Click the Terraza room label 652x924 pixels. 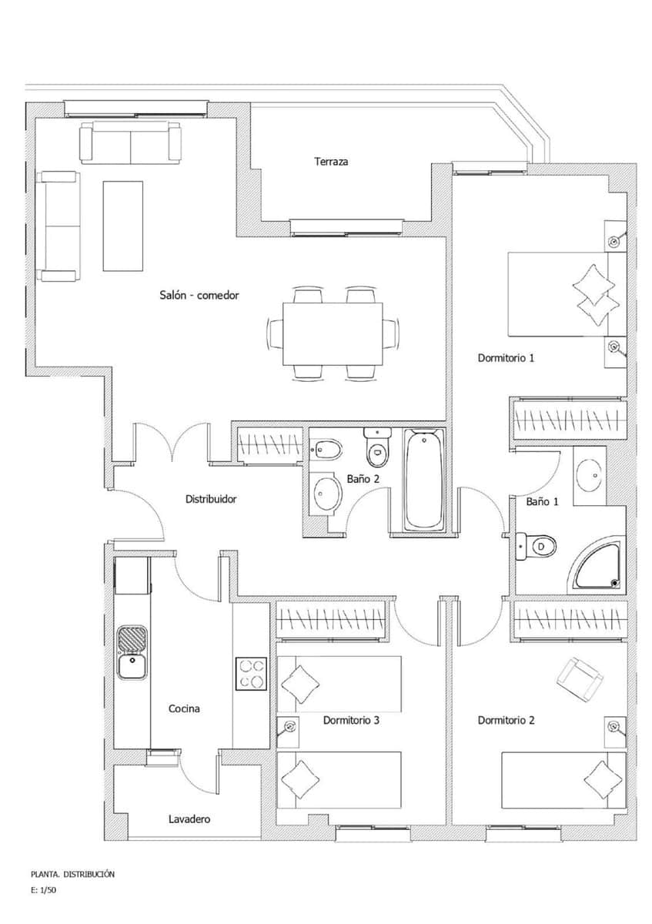click(331, 162)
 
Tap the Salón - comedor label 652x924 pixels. click(199, 295)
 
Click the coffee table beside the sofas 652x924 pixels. click(123, 226)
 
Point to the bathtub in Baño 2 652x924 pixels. click(424, 479)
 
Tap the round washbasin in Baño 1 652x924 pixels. click(590, 475)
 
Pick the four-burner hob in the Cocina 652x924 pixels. click(251, 675)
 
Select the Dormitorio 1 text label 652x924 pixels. click(506, 358)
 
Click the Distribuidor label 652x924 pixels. click(211, 499)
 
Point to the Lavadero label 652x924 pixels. click(189, 819)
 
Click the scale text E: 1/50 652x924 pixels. click(44, 890)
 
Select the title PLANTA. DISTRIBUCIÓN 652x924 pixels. click(72, 874)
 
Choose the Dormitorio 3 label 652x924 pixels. click(351, 721)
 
